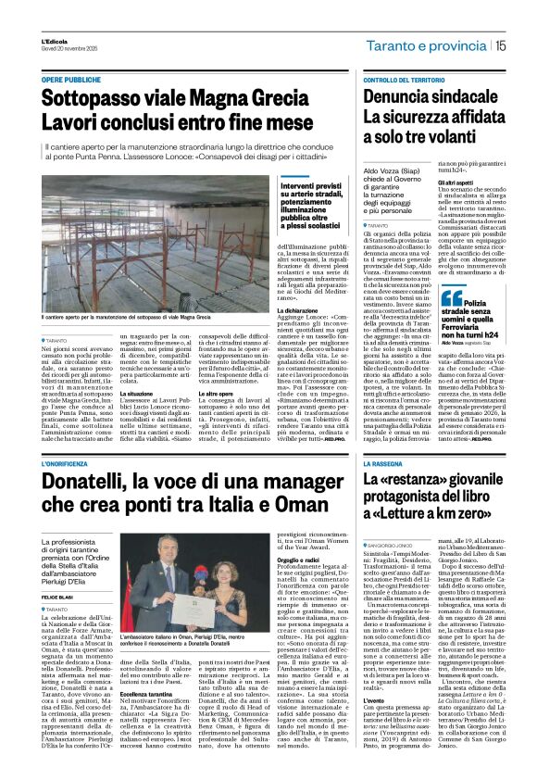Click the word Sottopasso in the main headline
[x=89, y=99]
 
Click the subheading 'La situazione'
[x=144, y=392]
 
